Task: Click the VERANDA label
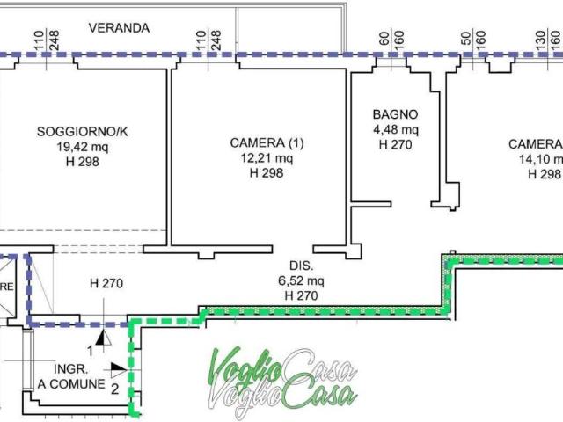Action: [119, 27]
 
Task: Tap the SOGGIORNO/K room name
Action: [87, 132]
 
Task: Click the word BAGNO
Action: [395, 114]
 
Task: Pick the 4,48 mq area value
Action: [395, 129]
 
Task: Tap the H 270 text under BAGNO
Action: [395, 144]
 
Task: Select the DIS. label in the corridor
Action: [303, 266]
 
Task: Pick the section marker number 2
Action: [114, 386]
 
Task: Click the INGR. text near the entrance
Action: [71, 368]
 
